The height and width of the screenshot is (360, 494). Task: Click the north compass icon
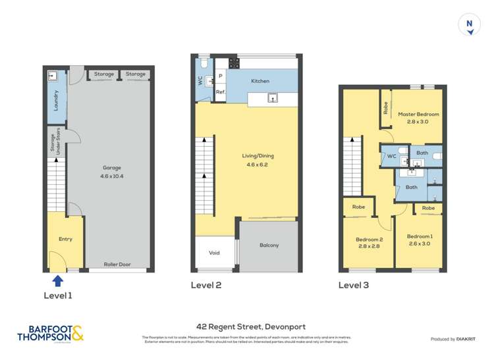(x=469, y=24)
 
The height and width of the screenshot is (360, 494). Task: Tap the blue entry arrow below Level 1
(x=57, y=281)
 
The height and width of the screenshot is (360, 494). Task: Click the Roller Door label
(x=117, y=265)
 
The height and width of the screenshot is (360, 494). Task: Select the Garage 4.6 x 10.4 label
(x=111, y=172)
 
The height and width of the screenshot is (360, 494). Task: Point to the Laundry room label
(x=56, y=100)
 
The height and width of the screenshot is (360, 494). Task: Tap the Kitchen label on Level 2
(x=260, y=81)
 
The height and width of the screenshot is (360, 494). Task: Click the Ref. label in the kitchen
(x=221, y=92)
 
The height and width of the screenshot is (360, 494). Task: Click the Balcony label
(x=269, y=245)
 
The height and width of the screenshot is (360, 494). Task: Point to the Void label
(x=214, y=253)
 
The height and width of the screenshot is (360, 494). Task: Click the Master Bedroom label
(x=418, y=118)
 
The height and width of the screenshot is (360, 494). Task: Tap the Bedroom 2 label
(x=368, y=243)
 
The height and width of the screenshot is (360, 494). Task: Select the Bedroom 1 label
(x=419, y=240)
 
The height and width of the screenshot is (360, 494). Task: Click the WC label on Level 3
(x=391, y=157)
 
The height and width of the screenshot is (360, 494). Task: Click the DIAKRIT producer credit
(x=454, y=339)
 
